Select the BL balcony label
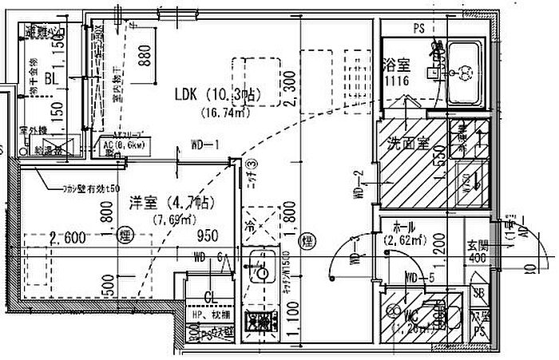click(x=50, y=79)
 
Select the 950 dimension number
click(x=208, y=236)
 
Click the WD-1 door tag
click(x=205, y=145)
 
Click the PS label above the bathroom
click(x=418, y=28)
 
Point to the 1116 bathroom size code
click(x=395, y=81)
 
